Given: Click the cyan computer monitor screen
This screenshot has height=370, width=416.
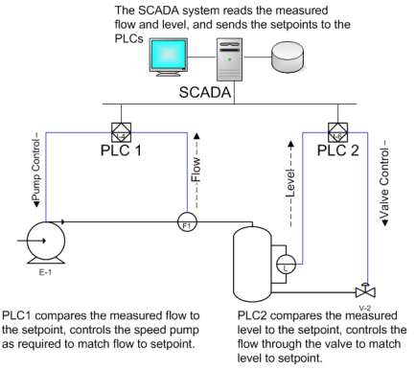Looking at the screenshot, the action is (169, 55).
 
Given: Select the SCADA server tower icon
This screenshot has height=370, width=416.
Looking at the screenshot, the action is (229, 59).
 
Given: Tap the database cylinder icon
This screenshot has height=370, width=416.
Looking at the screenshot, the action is (288, 57).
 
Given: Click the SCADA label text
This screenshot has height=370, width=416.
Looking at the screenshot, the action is (205, 92).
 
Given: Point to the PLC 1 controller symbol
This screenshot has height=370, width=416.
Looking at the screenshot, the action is (121, 132).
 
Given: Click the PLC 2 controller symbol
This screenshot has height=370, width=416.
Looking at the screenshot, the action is (338, 132).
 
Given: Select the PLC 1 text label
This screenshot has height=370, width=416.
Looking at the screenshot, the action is (121, 150).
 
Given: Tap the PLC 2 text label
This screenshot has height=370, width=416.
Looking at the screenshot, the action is (337, 150).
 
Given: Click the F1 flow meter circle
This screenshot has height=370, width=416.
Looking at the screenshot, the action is (187, 221).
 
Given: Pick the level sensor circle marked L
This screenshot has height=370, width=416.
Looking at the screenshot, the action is (286, 264).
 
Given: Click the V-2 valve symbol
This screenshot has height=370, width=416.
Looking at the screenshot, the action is (365, 290).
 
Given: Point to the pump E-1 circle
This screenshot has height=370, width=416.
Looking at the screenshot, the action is (46, 241).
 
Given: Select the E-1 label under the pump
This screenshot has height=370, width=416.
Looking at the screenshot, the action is (45, 272).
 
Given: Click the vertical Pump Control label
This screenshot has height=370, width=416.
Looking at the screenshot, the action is (36, 169).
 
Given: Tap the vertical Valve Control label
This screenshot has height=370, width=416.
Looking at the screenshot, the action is (384, 183).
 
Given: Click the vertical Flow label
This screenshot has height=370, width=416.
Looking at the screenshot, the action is (196, 170).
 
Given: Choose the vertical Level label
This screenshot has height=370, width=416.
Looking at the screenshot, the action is (290, 184).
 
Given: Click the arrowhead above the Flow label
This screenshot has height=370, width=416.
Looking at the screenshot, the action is (196, 136).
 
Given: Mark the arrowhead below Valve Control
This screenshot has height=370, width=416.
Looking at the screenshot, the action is (384, 223).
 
